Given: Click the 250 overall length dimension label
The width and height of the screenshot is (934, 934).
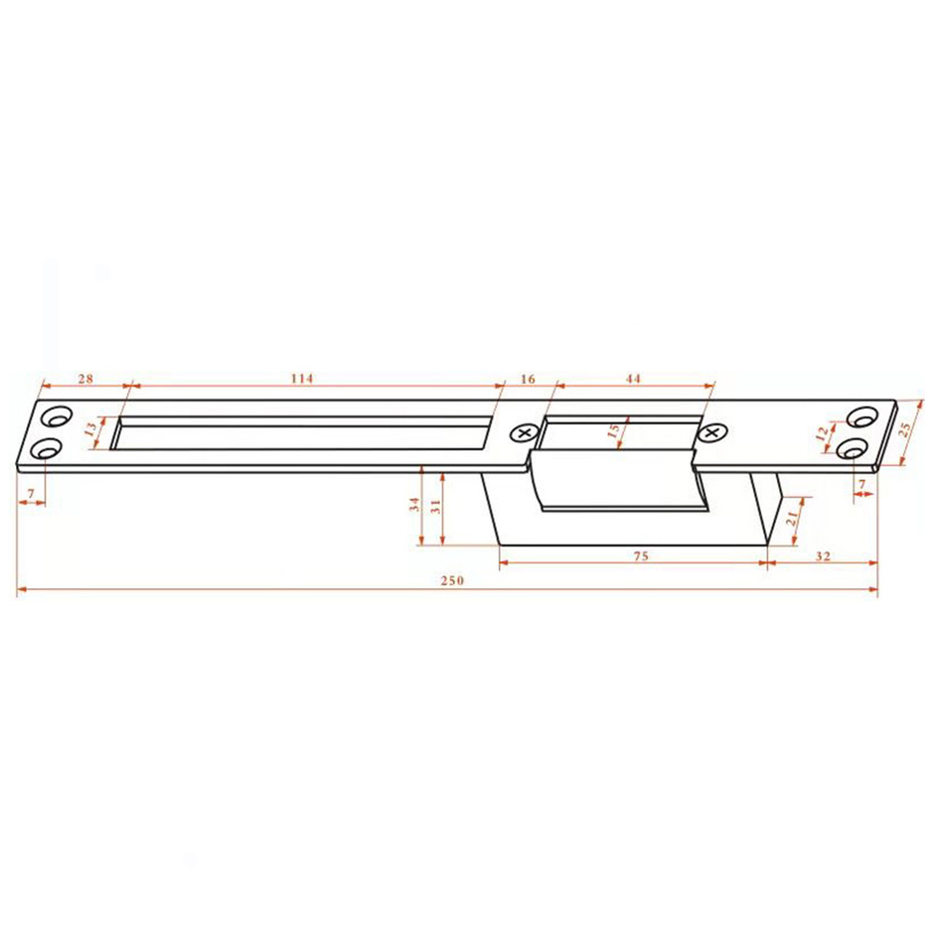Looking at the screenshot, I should pos(451,579).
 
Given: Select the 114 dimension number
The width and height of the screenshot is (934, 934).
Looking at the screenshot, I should pos(301,378).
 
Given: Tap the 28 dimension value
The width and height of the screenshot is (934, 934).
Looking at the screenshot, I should pos(85,378).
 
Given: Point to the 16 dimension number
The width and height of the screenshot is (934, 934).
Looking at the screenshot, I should pos(527,378).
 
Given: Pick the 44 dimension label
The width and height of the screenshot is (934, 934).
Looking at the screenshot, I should pos(633,378).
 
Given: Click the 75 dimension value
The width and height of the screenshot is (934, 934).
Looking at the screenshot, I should pos(640,555).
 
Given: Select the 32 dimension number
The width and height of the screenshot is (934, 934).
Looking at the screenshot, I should pos(823,555).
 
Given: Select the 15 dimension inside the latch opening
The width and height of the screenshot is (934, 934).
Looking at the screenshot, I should pos(613,433).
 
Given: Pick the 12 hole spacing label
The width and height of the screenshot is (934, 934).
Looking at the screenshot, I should pos(821,433).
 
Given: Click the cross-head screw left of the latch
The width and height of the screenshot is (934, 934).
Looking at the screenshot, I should pos(523,432).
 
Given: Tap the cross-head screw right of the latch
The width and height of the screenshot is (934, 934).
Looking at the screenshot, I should pos(715,432).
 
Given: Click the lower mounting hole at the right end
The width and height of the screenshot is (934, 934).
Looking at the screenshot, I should pos(853,448).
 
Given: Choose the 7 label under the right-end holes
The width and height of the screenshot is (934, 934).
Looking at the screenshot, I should pos(862,484).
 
